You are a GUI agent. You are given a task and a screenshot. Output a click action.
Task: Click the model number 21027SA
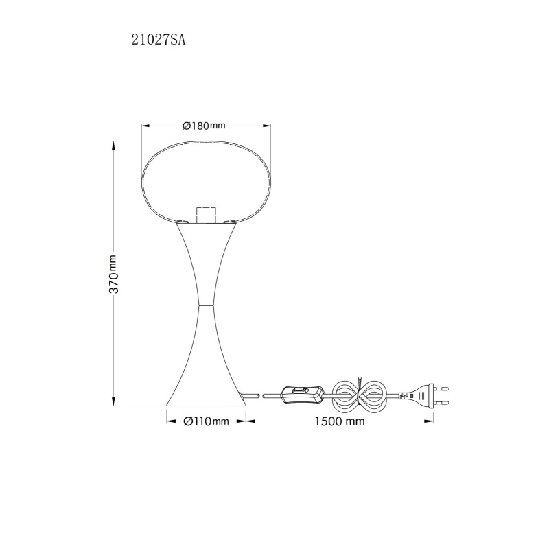(x=159, y=40)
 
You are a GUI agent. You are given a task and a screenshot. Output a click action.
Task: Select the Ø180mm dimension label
(x=204, y=126)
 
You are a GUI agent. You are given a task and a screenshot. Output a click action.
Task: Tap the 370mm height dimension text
(x=114, y=274)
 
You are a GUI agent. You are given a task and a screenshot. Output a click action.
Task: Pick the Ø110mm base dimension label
(x=207, y=421)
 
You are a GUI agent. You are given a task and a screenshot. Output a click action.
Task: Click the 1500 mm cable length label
(x=339, y=421)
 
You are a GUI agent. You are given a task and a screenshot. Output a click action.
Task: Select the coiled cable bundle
(x=359, y=396)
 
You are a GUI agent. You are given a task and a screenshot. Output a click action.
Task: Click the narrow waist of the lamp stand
(x=205, y=305)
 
